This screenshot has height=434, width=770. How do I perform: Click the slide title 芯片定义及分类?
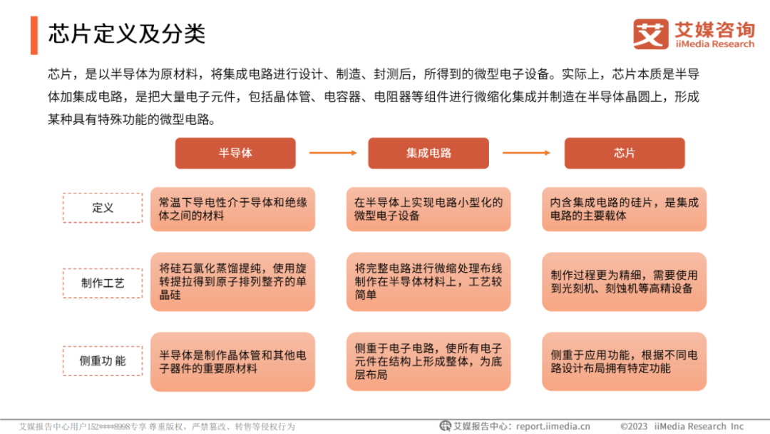[127, 34]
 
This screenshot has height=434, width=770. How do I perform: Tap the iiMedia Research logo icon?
[650, 34]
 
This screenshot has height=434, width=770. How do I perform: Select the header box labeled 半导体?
[235, 153]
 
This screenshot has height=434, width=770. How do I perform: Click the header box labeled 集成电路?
[428, 153]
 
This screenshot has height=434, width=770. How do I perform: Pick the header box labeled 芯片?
[625, 153]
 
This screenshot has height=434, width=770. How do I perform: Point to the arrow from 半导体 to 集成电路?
[332, 153]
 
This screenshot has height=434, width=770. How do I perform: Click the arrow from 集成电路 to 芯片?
[526, 153]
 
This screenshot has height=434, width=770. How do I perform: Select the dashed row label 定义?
[103, 208]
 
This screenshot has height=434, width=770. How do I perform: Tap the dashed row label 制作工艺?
[103, 283]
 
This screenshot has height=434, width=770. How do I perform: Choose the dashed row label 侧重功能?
[103, 361]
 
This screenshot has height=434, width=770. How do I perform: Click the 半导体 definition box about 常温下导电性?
[232, 209]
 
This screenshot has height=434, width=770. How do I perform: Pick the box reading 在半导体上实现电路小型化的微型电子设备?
[428, 209]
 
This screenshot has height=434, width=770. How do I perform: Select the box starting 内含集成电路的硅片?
[624, 209]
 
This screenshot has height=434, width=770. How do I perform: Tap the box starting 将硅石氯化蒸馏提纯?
[232, 282]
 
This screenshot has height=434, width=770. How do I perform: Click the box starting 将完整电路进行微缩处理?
[428, 282]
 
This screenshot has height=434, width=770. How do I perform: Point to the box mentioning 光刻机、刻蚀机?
[624, 282]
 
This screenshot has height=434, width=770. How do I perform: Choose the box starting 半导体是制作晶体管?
[232, 362]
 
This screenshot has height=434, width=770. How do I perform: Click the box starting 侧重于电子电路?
[428, 362]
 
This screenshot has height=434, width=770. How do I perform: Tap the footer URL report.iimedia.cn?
[553, 426]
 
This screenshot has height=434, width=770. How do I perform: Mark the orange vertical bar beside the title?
[34, 34]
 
